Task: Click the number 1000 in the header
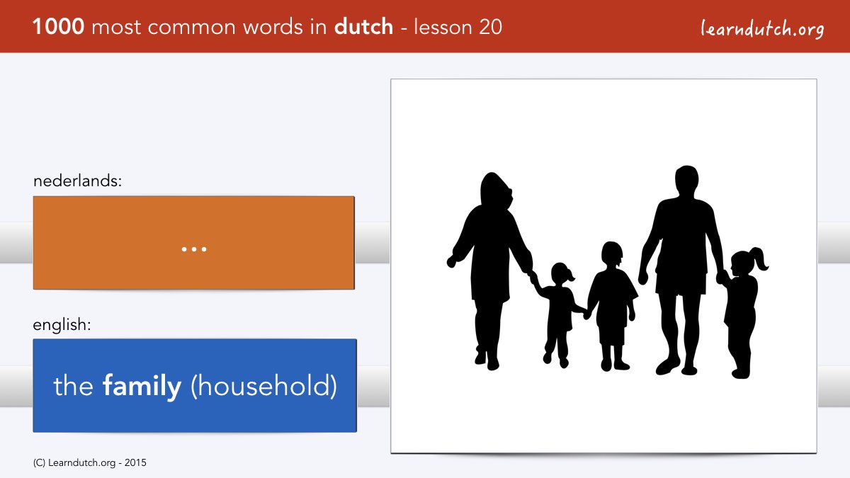click(x=58, y=27)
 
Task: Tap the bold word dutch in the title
click(x=363, y=27)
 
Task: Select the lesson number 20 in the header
click(x=490, y=27)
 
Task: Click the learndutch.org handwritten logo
click(x=762, y=29)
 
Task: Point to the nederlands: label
click(x=77, y=181)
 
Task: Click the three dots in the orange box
click(x=194, y=249)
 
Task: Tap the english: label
click(x=62, y=325)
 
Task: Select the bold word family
click(x=142, y=386)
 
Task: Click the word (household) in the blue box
click(x=263, y=387)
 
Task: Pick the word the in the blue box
click(x=73, y=386)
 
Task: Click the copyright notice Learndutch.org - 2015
click(x=89, y=463)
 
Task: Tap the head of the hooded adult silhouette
click(x=497, y=190)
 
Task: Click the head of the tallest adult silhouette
click(x=687, y=181)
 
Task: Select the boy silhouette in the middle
click(x=612, y=306)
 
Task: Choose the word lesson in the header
click(x=443, y=27)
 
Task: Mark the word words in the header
click(x=273, y=27)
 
